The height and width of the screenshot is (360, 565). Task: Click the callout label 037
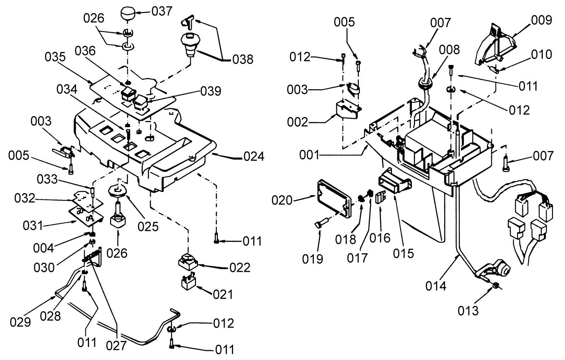pyautogui.click(x=162, y=11)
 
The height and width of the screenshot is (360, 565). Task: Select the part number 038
pyautogui.click(x=243, y=59)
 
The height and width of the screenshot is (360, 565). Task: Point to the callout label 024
pyautogui.click(x=254, y=156)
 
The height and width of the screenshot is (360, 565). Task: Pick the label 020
pyautogui.click(x=282, y=200)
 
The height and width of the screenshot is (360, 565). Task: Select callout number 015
pyautogui.click(x=404, y=253)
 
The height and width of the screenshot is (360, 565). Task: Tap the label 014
pyautogui.click(x=436, y=286)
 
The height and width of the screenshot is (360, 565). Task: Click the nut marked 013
pyautogui.click(x=496, y=286)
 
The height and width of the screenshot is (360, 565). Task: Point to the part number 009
pyautogui.click(x=541, y=20)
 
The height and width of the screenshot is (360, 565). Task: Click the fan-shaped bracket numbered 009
pyautogui.click(x=496, y=44)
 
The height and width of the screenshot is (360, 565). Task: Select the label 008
pyautogui.click(x=450, y=50)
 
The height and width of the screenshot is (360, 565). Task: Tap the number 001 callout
pyautogui.click(x=309, y=155)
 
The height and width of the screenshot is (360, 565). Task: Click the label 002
pyautogui.click(x=298, y=122)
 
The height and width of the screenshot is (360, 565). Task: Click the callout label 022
pyautogui.click(x=240, y=268)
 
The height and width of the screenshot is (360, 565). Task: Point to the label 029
pyautogui.click(x=20, y=322)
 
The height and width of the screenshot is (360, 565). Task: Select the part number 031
pyautogui.click(x=33, y=225)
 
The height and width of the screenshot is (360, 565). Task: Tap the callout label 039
pyautogui.click(x=211, y=91)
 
